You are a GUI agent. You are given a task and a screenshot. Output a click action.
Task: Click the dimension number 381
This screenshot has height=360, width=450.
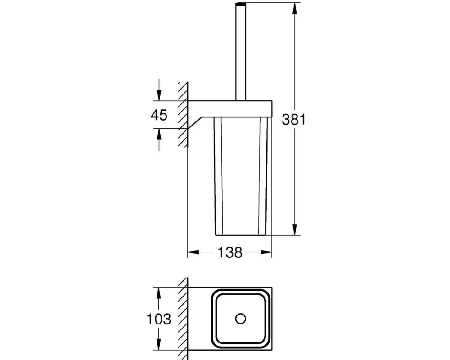[293, 119]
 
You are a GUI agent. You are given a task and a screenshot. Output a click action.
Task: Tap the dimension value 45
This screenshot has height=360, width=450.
[159, 115]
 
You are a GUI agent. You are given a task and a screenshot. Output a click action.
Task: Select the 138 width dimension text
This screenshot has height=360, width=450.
[230, 252]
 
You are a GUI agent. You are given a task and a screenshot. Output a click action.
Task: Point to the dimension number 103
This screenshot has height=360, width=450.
[159, 319]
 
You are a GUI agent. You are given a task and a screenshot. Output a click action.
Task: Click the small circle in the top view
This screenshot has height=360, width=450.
[240, 319]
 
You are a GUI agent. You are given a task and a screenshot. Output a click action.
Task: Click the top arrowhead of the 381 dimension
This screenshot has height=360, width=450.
[294, 9]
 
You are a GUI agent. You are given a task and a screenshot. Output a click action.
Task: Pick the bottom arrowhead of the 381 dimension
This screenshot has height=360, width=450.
[294, 229]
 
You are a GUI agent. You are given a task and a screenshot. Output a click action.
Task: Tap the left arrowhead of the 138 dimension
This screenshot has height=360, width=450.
[193, 252]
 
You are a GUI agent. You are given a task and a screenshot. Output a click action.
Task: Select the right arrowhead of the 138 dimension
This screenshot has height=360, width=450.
[266, 252]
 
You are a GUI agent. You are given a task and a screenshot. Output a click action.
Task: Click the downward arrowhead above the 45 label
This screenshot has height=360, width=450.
[159, 95]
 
